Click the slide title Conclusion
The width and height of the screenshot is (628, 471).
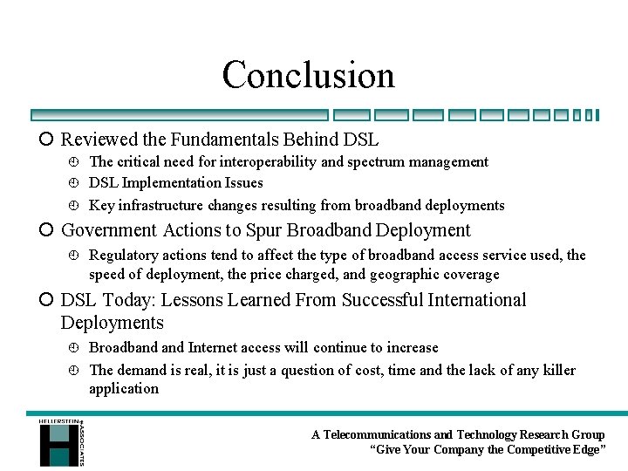(x=308, y=75)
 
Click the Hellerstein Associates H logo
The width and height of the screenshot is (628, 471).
(x=59, y=442)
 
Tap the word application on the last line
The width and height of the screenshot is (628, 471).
(x=124, y=389)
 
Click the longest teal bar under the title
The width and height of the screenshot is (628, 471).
(x=179, y=114)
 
